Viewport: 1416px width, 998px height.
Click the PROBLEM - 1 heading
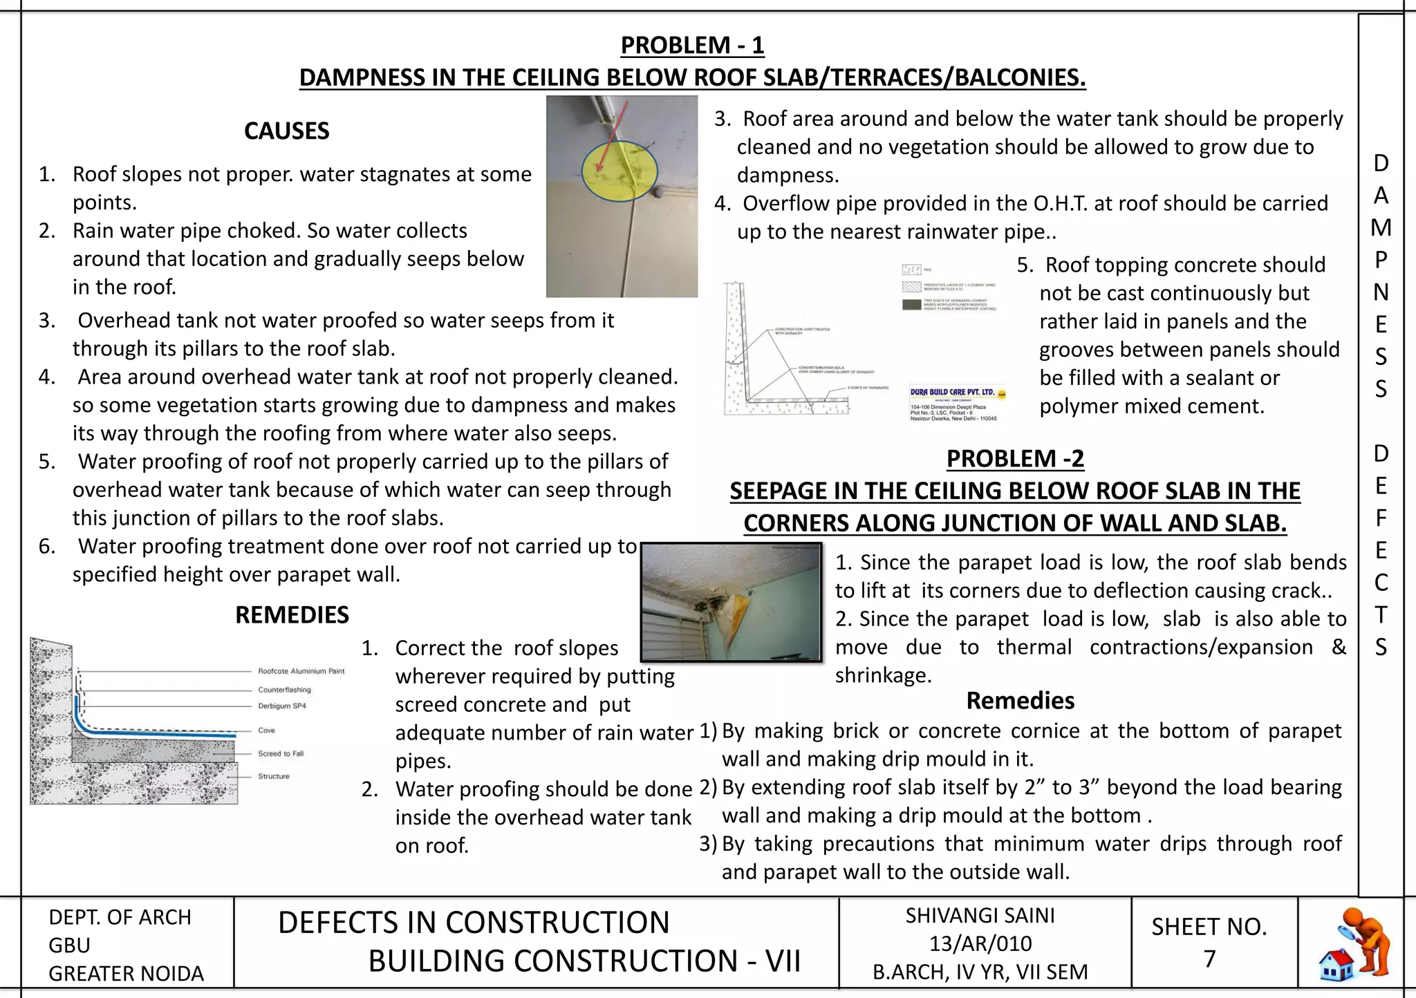692,46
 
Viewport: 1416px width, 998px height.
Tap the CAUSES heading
286,131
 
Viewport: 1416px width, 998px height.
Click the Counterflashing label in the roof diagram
284,690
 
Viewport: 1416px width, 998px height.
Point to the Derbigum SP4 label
281,706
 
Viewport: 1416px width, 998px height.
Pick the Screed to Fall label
281,754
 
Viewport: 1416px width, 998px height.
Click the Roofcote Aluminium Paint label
301,671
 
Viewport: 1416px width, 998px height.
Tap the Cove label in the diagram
266,731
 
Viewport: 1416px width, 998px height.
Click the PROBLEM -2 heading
1014,459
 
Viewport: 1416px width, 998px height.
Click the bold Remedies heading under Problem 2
1020,701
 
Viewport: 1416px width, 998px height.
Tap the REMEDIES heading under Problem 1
292,615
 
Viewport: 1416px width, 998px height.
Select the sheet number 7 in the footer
1209,959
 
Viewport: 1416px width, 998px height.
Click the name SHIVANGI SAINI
980,916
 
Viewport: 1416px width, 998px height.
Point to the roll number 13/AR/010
980,944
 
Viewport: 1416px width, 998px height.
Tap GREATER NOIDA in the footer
126,974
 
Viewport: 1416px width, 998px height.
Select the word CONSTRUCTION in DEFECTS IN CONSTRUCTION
557,923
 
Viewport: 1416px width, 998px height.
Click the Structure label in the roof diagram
274,777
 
